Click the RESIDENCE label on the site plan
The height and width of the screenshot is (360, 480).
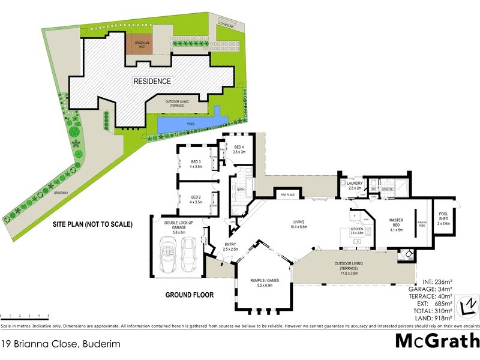click(152, 81)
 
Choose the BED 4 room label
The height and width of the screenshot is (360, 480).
click(239, 149)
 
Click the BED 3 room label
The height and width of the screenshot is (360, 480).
click(196, 164)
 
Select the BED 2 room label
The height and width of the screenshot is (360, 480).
click(196, 199)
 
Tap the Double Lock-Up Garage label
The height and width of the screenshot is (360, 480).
click(179, 226)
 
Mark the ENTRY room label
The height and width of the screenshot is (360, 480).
click(231, 247)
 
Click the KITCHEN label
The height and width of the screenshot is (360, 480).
click(358, 230)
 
